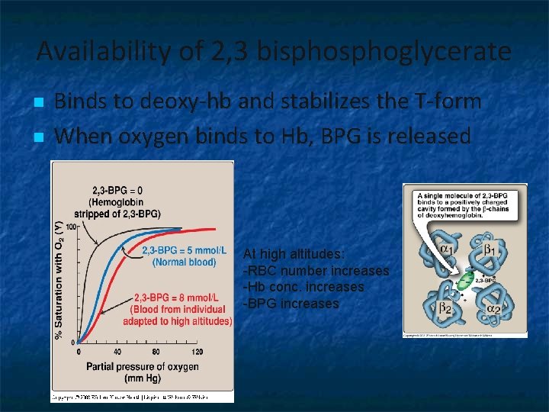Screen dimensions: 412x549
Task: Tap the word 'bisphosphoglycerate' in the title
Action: tap(384, 52)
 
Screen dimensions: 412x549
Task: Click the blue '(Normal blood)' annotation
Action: tap(184, 262)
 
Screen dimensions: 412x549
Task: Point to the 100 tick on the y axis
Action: tap(71, 227)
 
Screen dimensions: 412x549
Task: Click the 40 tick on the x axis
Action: tap(117, 352)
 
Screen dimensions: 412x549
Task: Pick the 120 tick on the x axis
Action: tap(197, 352)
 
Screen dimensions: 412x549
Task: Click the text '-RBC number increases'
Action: tap(316, 271)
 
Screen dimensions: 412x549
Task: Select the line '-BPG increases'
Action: tap(290, 303)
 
